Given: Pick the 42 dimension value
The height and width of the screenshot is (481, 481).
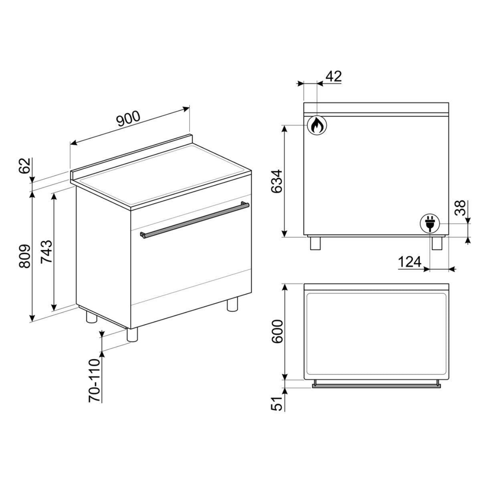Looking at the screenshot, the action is coord(334,77).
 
